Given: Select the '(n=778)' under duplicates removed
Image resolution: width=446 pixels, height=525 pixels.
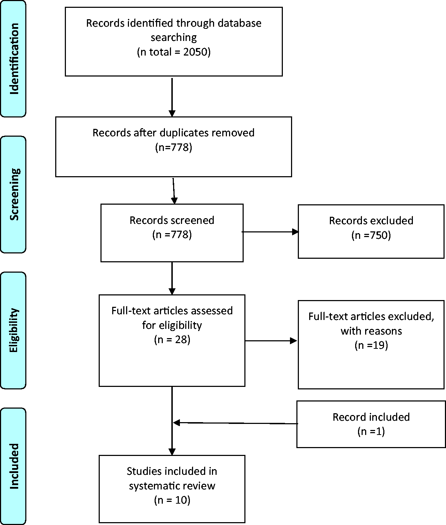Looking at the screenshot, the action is pos(174,147).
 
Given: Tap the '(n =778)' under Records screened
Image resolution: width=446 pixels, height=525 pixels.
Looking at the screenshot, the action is pos(172,235).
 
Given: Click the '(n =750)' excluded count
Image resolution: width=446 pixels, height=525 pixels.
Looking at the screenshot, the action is pos(371,235).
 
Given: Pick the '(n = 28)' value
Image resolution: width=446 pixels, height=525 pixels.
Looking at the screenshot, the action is pos(172,339).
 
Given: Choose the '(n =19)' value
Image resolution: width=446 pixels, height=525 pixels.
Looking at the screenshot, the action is pos(371,345).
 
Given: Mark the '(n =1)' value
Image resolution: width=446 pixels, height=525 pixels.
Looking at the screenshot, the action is pos(371,431).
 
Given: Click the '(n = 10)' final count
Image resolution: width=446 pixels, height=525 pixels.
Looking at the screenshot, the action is pos(172,500).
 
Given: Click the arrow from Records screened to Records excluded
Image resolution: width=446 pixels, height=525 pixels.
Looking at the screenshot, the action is pos(270,232).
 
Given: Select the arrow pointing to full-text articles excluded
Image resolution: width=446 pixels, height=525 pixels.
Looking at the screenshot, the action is pos(271,341).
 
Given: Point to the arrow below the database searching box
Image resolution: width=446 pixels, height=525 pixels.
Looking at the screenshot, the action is pos(172,98).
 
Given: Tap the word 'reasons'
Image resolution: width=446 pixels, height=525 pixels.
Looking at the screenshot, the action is pos(384,331).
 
